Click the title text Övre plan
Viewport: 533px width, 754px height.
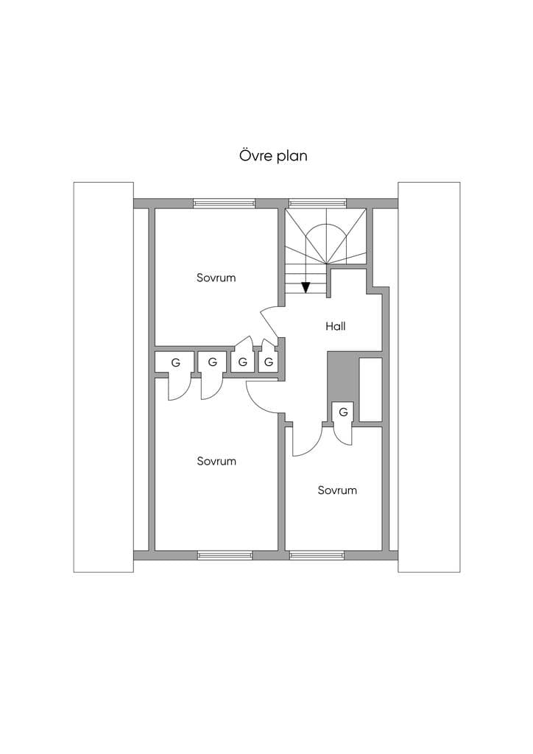(x=273, y=156)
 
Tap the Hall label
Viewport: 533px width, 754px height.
(x=336, y=326)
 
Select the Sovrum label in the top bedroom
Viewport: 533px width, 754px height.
(x=216, y=278)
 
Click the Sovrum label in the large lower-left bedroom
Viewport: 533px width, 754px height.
(x=216, y=461)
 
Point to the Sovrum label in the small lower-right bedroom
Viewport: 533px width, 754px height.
(x=337, y=490)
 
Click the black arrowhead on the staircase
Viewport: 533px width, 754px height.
(x=306, y=287)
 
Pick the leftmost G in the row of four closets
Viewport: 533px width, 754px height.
(x=175, y=363)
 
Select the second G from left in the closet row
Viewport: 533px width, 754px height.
(x=213, y=362)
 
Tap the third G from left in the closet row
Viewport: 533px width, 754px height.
(x=243, y=362)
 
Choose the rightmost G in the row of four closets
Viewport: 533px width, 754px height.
(x=269, y=362)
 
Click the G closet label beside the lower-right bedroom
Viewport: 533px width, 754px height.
(x=343, y=412)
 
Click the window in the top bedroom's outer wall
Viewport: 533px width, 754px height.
(x=224, y=203)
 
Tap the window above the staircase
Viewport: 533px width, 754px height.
(x=318, y=203)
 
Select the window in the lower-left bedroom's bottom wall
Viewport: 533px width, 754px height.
(x=225, y=555)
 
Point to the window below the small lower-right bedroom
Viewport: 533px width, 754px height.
(x=317, y=555)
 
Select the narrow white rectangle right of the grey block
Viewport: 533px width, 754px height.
(x=370, y=390)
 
